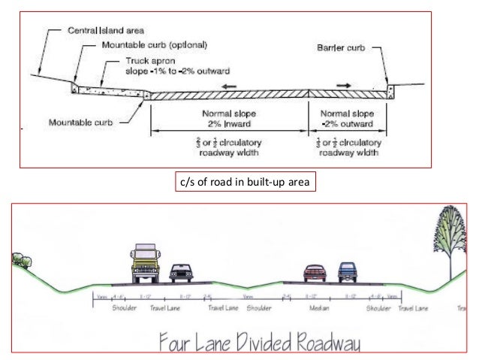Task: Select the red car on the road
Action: click(314, 274)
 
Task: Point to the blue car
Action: click(346, 273)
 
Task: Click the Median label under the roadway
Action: click(318, 307)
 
